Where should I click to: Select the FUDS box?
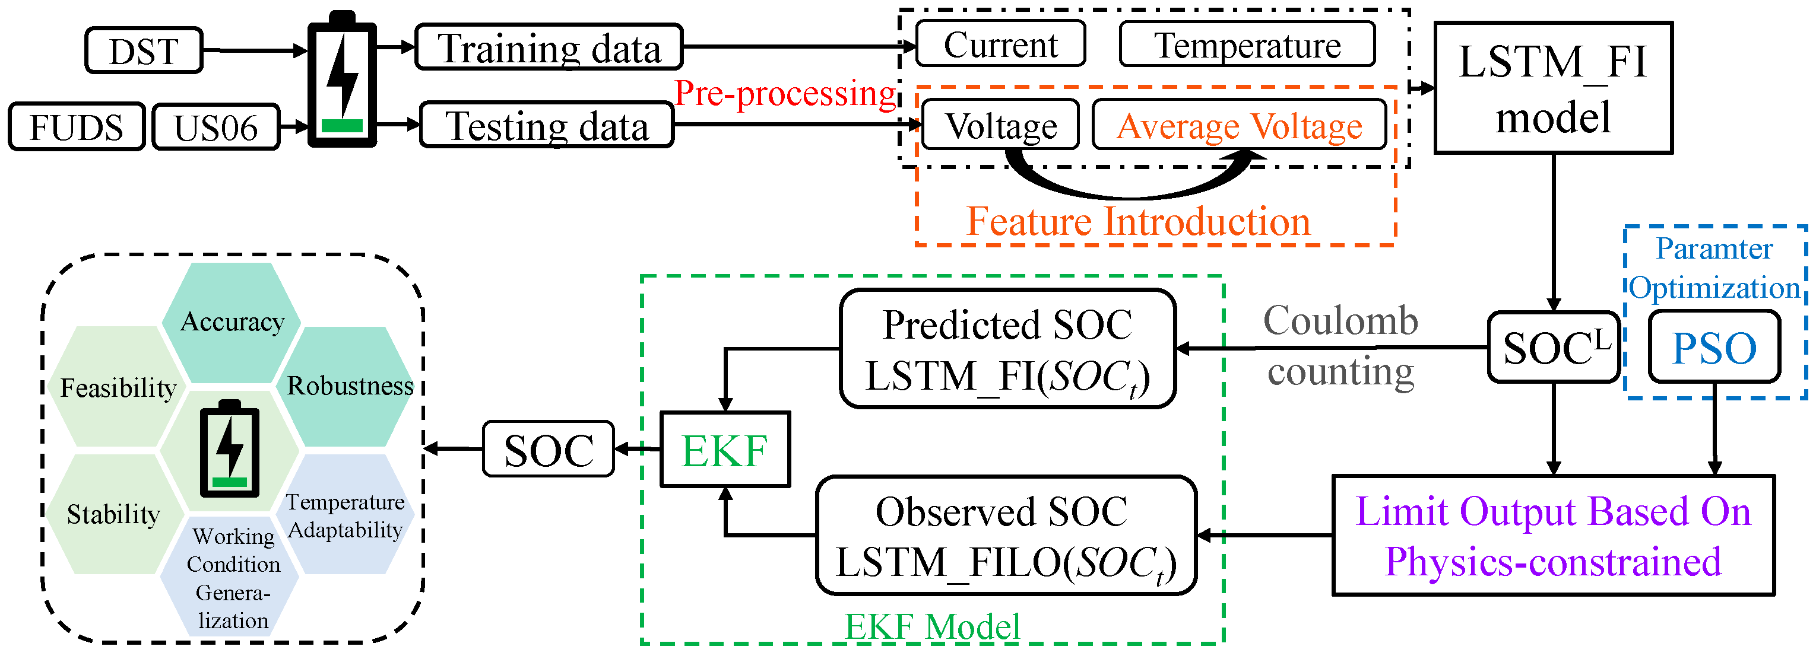click(x=76, y=127)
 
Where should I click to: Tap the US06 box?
click(x=215, y=127)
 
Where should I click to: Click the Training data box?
click(x=549, y=47)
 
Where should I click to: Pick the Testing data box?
click(x=547, y=125)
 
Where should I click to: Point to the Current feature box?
click(x=1000, y=44)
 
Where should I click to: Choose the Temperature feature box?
click(x=1247, y=44)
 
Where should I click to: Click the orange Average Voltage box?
click(x=1238, y=125)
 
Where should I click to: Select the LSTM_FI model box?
click(x=1553, y=88)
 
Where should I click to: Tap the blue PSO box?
click(x=1714, y=348)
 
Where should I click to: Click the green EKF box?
click(x=724, y=450)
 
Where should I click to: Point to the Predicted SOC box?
click(x=1007, y=349)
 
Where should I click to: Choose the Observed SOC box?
click(x=1006, y=536)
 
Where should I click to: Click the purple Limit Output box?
click(x=1553, y=536)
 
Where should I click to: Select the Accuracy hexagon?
click(x=232, y=321)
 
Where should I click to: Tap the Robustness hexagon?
click(x=350, y=386)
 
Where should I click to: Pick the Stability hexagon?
click(x=113, y=514)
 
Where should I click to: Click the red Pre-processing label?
click(x=785, y=93)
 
